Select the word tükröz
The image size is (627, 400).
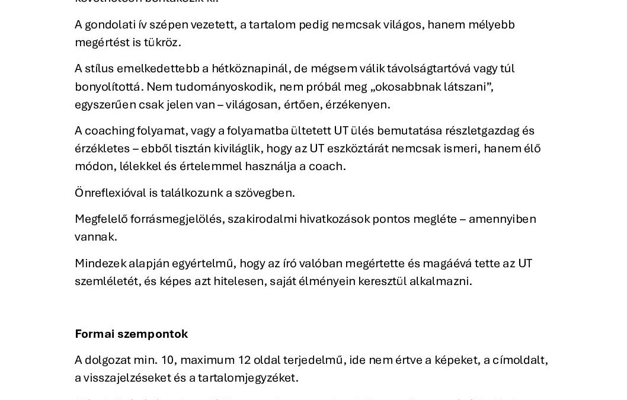tap(161, 43)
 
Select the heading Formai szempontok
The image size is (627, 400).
tap(131, 334)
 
